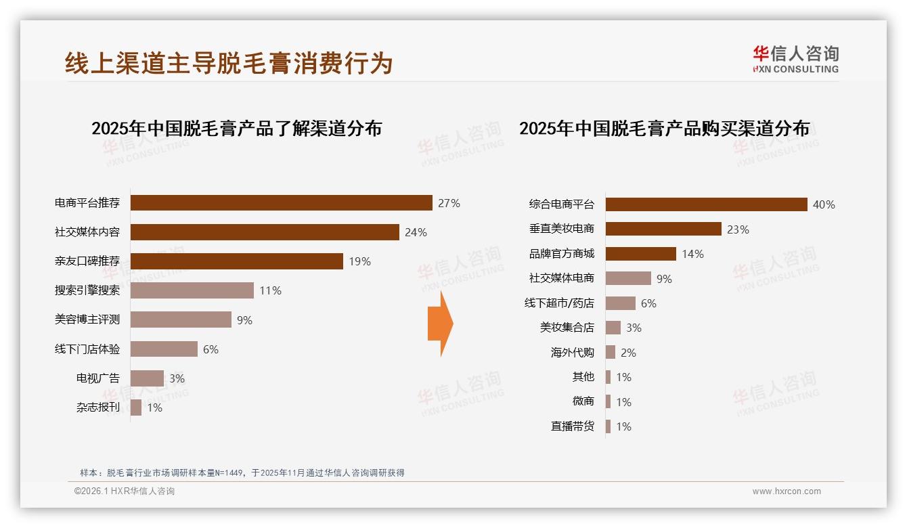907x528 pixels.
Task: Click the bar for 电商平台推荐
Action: [281, 203]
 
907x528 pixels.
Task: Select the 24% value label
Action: [416, 233]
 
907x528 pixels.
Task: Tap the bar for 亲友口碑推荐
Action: [236, 261]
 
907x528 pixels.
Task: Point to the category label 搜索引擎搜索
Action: [87, 290]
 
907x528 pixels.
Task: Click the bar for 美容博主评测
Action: [181, 320]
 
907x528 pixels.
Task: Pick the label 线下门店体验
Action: [87, 349]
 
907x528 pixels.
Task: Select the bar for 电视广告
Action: [147, 378]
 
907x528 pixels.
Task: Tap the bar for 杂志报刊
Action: [136, 408]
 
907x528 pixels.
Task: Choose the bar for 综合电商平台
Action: [706, 204]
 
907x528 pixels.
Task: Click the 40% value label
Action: [824, 204]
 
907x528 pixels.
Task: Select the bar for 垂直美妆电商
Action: [663, 229]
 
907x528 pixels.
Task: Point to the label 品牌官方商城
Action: [562, 254]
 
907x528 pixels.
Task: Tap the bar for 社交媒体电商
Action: [628, 278]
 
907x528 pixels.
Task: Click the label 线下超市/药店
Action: [559, 303]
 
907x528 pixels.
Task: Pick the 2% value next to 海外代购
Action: [628, 353]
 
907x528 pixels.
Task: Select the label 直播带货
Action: [573, 426]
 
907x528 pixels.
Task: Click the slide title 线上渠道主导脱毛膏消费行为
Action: [229, 63]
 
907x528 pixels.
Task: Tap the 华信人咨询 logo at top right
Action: [795, 59]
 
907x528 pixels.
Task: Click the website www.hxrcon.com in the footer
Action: [787, 491]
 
